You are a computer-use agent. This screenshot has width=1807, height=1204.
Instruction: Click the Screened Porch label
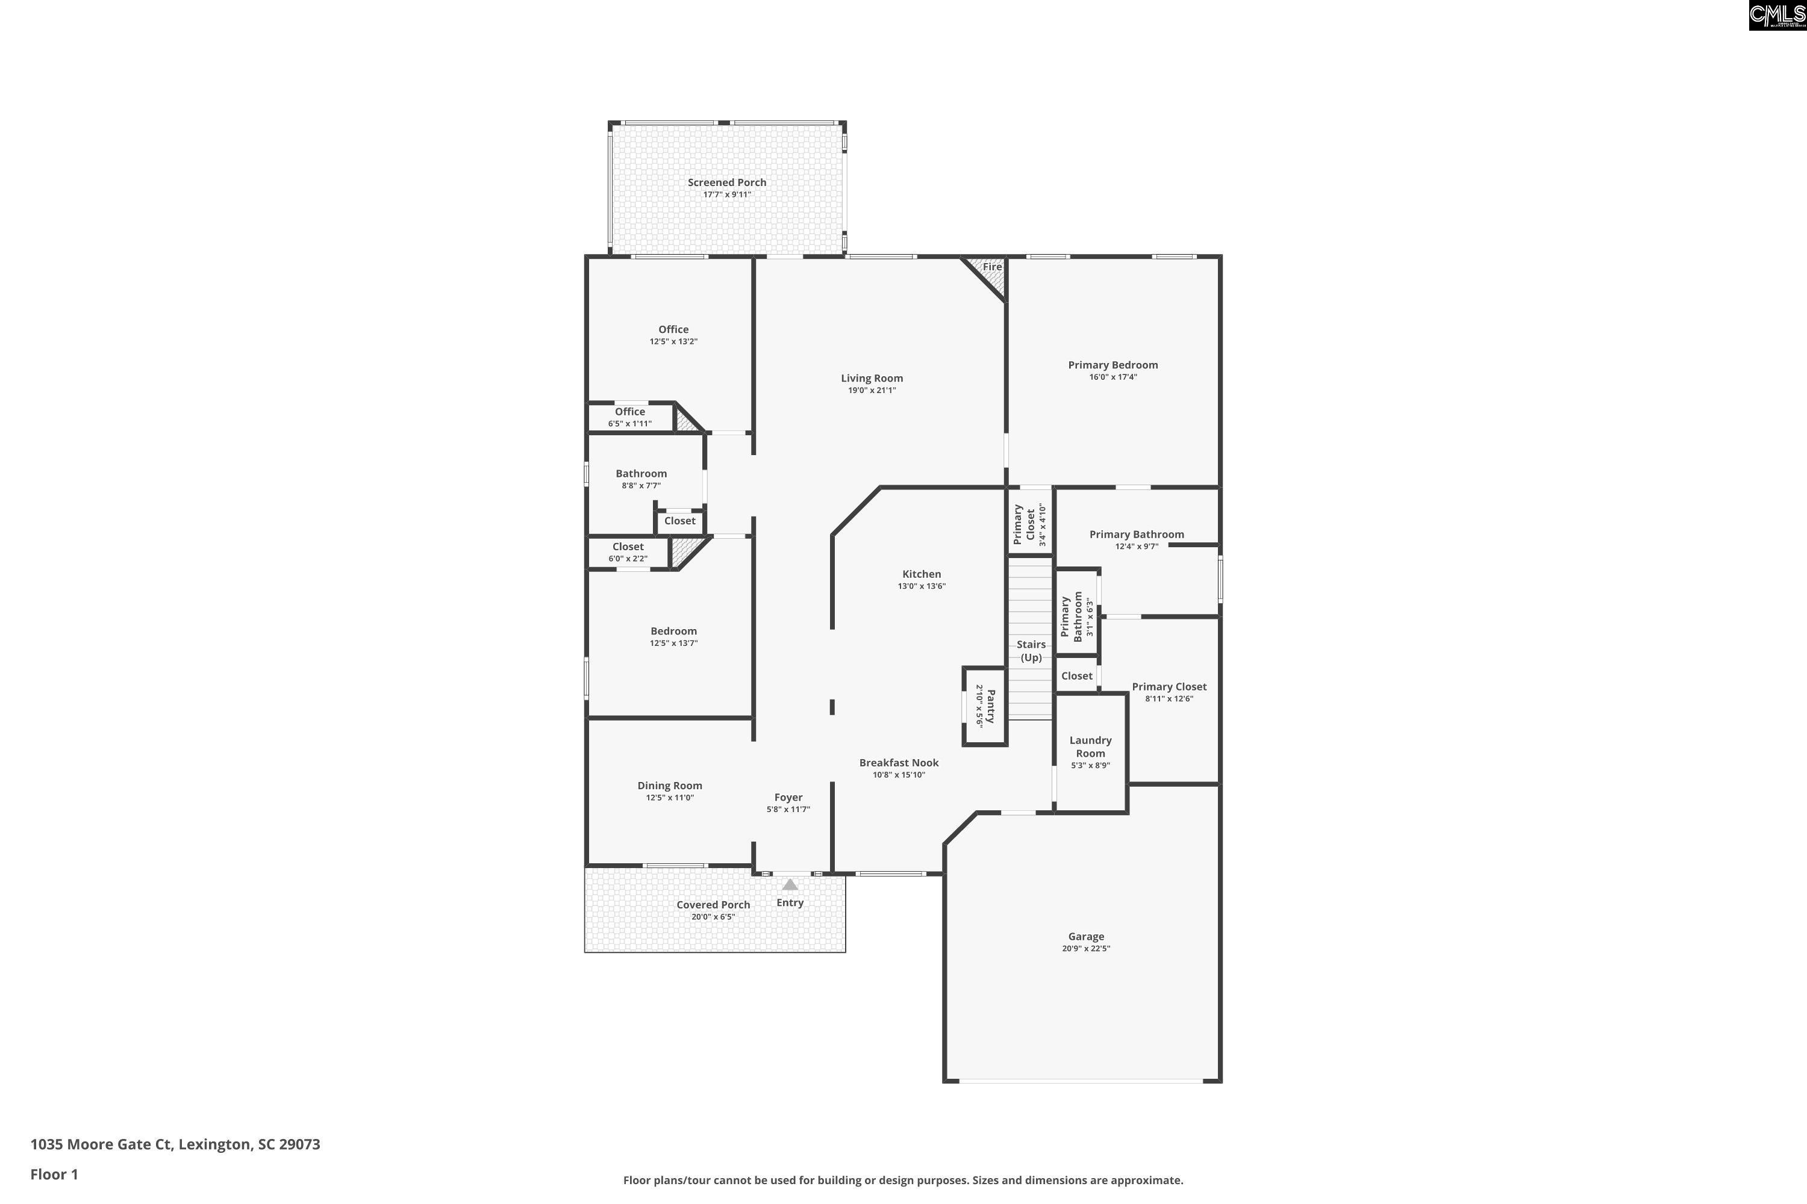tap(727, 182)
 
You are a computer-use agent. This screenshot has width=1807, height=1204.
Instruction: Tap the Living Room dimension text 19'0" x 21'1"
tap(871, 390)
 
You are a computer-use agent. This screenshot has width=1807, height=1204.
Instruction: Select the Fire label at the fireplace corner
tap(992, 267)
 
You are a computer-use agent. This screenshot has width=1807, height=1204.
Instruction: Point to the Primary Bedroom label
tap(1113, 365)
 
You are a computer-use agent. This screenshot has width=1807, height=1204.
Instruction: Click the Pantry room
tap(985, 706)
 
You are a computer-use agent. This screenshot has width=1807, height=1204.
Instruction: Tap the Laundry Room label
tap(1090, 746)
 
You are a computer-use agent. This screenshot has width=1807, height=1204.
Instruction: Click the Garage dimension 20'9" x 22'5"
tap(1085, 948)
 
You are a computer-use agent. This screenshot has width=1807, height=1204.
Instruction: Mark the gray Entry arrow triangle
tap(790, 884)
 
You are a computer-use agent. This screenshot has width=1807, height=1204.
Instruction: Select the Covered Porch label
tap(713, 905)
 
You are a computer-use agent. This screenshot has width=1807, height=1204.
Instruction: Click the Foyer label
tap(788, 797)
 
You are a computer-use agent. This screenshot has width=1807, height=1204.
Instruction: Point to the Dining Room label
tap(669, 786)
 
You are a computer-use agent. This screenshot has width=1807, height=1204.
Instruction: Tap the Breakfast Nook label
tap(898, 763)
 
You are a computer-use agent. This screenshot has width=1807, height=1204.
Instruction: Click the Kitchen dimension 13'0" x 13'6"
tap(921, 586)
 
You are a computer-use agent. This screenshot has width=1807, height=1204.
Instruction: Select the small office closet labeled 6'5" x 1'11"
tap(629, 417)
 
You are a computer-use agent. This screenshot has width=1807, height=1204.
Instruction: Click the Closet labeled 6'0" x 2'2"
tap(628, 552)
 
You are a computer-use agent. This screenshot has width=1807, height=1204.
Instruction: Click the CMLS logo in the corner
tap(1777, 16)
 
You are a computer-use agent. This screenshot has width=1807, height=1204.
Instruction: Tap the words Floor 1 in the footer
tap(54, 1174)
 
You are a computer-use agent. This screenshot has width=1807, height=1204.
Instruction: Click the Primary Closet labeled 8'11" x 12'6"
tap(1169, 692)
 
